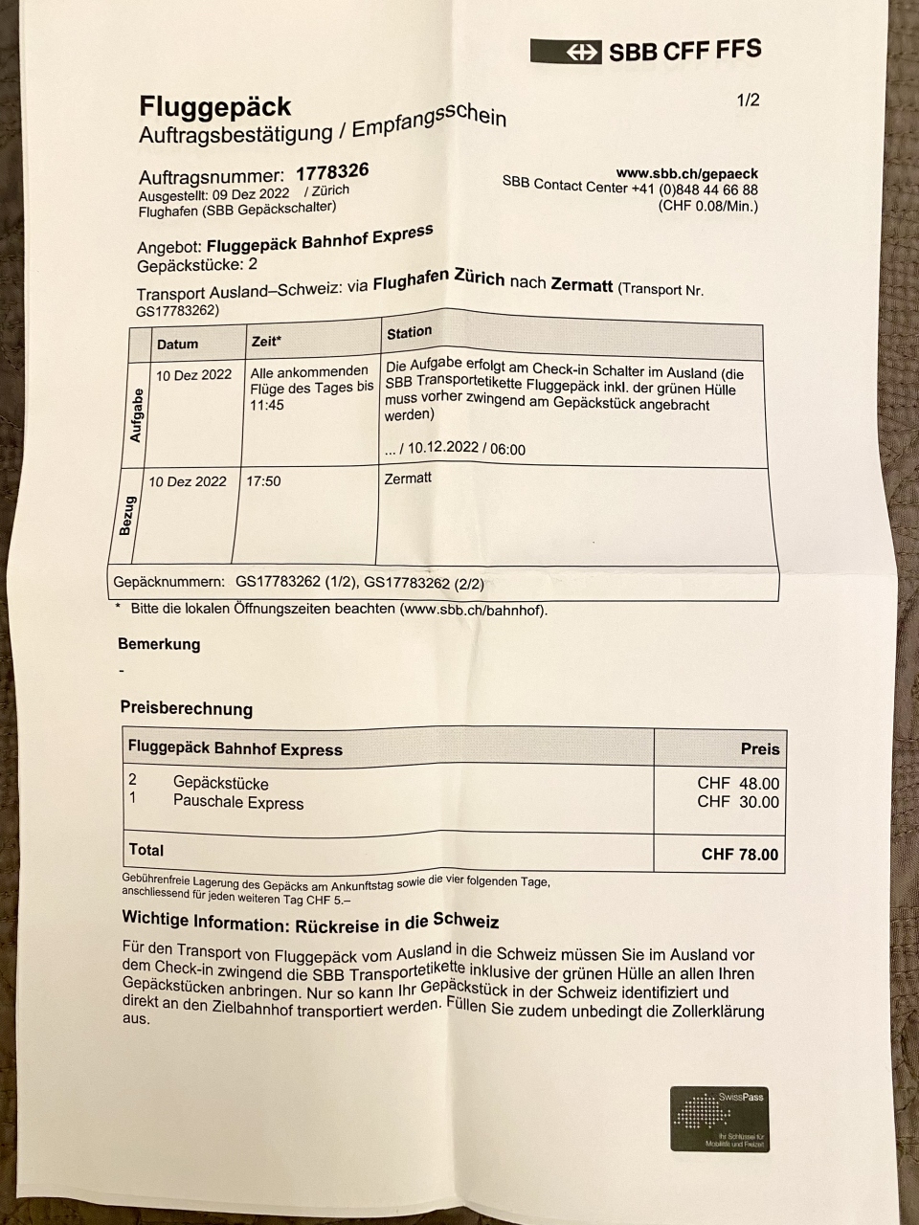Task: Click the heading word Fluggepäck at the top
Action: [214, 105]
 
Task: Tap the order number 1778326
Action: [332, 172]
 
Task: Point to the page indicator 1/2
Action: [748, 100]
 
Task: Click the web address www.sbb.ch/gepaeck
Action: [686, 173]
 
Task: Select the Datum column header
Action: [177, 344]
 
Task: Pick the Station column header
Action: [409, 332]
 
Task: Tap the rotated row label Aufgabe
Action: [136, 414]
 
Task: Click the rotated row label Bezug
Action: [125, 516]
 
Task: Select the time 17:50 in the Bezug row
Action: [263, 480]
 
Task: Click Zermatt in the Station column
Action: [407, 478]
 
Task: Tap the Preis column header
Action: [760, 748]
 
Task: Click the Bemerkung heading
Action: [159, 644]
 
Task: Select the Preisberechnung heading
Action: [186, 709]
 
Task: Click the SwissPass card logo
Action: [719, 1118]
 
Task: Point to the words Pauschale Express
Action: [237, 803]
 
